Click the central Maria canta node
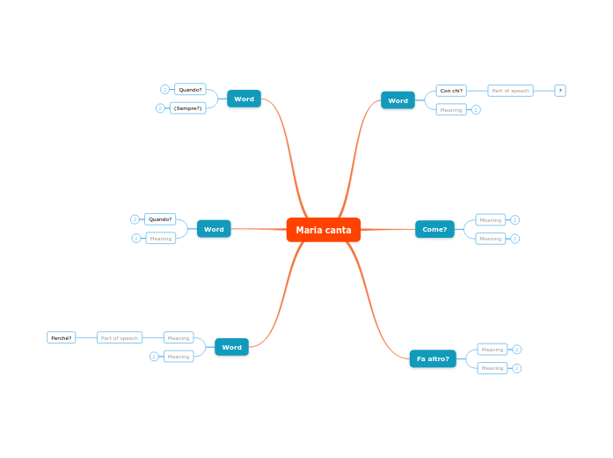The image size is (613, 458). coord(323,230)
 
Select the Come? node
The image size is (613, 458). coord(434,229)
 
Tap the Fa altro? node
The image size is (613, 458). coord(433,358)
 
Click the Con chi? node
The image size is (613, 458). coord(451,91)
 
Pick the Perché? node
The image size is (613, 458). coord(61,337)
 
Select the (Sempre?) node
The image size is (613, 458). coord(187,108)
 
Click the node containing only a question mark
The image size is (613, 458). coord(560,91)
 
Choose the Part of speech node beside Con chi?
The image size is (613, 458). coord(510,91)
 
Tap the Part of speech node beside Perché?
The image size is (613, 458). coord(119,337)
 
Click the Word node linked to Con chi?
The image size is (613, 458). coord(398,100)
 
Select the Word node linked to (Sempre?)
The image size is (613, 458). coord(244,99)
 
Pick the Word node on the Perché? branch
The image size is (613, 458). coord(231,347)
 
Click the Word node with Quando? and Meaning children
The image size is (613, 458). coord(214,229)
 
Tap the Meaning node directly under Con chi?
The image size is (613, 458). coord(451,110)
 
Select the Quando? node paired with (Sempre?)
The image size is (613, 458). coord(190,89)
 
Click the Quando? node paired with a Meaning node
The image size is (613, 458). coord(160,219)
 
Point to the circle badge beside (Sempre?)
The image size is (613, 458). coord(160,108)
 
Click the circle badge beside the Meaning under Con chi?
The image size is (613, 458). coord(476,110)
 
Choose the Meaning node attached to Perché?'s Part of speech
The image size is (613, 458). coord(179,337)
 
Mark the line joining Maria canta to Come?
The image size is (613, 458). coord(388,229)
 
